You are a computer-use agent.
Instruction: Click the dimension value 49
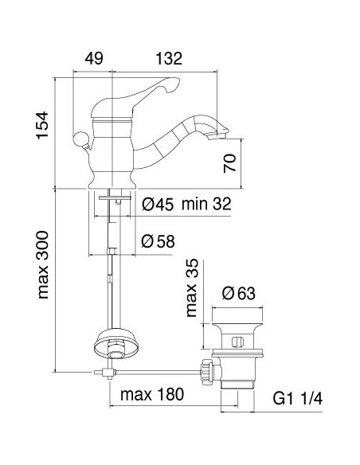pos(94,58)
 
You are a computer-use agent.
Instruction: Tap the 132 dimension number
pos(169,58)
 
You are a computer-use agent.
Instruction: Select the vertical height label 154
pos(42,125)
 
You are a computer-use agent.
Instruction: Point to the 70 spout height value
pos(230,162)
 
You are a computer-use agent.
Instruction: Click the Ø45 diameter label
pos(158,205)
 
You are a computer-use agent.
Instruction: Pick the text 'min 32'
pos(206,204)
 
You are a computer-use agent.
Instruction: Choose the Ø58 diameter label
pos(158,241)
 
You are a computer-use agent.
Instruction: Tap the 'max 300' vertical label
pos(43,265)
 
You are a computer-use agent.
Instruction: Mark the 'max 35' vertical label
pos(191,287)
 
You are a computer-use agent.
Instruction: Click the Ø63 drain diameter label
pos(239,293)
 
